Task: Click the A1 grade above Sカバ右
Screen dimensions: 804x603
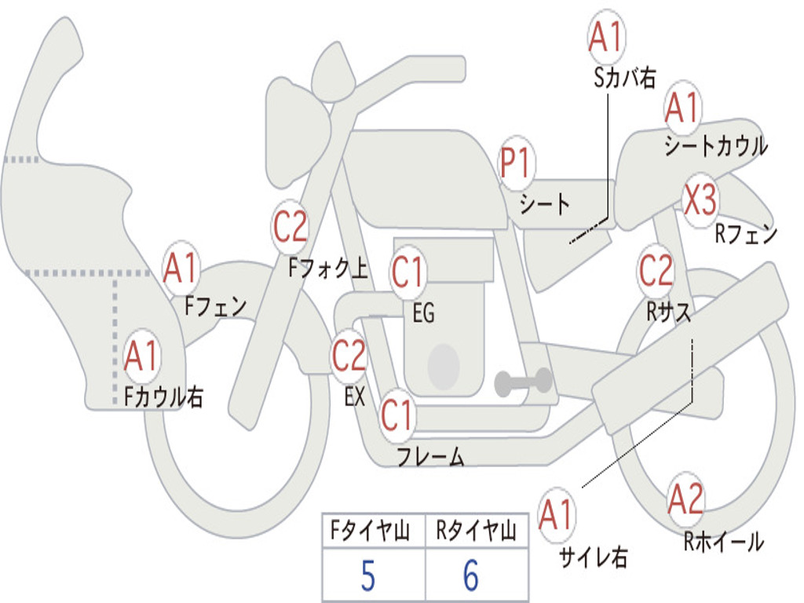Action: click(606, 37)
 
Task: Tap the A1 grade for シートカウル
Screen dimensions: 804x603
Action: click(682, 108)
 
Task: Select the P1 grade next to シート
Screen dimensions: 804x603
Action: click(517, 163)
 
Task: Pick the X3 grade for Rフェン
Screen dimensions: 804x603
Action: click(700, 200)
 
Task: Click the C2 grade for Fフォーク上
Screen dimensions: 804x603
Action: click(291, 227)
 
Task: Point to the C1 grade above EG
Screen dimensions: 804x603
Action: click(407, 272)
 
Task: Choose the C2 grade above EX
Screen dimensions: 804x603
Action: click(349, 356)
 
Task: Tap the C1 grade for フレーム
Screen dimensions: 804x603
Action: click(397, 415)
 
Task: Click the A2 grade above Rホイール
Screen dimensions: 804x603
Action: click(685, 499)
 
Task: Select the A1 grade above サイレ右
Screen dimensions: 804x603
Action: click(557, 514)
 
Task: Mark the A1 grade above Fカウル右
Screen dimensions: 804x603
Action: click(141, 356)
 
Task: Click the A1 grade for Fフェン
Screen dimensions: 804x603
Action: click(181, 268)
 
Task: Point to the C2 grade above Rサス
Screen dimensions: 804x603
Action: click(656, 270)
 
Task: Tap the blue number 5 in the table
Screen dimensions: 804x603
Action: click(368, 576)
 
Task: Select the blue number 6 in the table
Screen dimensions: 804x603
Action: click(471, 576)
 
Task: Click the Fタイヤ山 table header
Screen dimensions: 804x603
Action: click(371, 530)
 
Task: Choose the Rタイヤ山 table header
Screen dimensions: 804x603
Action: click(476, 530)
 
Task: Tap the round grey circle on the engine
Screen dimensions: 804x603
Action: click(444, 366)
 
